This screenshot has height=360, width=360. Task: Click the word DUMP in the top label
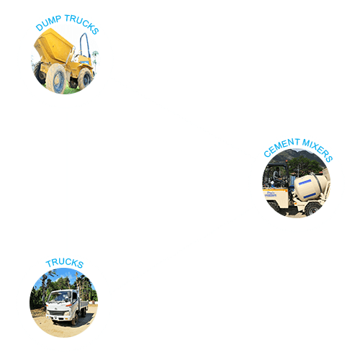[x=48, y=23]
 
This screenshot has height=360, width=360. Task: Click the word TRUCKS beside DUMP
[x=82, y=24]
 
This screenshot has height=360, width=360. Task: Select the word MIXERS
[x=318, y=150]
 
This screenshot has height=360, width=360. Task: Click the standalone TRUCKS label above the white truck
[x=65, y=263]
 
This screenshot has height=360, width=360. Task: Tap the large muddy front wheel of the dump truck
[x=55, y=78]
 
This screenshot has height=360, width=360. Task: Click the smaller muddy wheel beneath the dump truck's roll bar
[x=84, y=78]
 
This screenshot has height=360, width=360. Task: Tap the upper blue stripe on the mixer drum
[x=305, y=182]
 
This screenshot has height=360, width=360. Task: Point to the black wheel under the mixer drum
[x=312, y=210]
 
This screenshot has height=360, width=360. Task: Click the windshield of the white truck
[x=56, y=297]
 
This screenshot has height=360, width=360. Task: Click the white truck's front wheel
[x=74, y=320]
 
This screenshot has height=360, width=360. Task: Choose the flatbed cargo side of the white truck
[x=84, y=305]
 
